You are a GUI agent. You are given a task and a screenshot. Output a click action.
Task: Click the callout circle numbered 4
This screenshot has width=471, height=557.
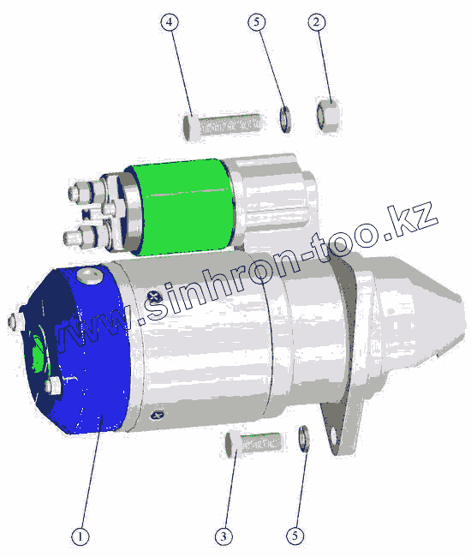pyautogui.click(x=170, y=22)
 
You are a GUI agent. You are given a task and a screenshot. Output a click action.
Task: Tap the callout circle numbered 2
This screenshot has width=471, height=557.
pyautogui.click(x=316, y=22)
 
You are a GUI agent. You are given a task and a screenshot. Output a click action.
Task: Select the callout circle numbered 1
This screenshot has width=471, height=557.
pyautogui.click(x=80, y=536)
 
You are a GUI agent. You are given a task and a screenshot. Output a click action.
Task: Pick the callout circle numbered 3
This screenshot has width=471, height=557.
pyautogui.click(x=224, y=536)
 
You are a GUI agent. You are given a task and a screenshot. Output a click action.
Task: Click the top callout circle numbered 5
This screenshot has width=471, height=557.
pyautogui.click(x=257, y=22)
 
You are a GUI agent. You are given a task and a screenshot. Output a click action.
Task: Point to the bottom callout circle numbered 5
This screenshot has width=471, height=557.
pyautogui.click(x=295, y=536)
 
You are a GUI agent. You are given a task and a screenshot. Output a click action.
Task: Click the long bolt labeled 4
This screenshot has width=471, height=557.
pyautogui.click(x=222, y=125)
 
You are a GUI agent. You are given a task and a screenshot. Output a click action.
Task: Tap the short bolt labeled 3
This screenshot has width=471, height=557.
pyautogui.click(x=253, y=443)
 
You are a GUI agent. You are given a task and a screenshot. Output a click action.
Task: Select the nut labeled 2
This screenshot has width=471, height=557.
pyautogui.click(x=328, y=116)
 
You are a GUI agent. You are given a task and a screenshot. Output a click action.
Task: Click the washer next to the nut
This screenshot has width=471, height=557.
pyautogui.click(x=284, y=119)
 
